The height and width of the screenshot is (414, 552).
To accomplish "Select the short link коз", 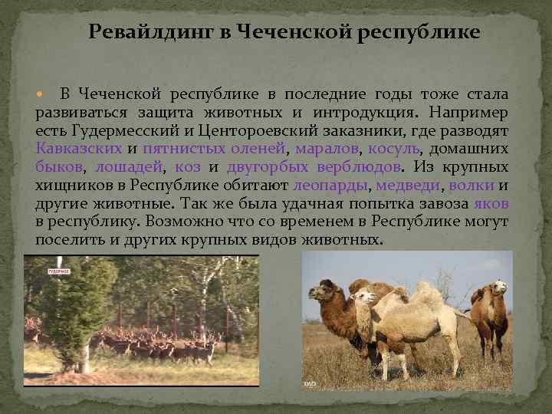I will click(x=188, y=167).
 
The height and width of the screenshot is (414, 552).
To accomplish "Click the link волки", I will click(x=471, y=186).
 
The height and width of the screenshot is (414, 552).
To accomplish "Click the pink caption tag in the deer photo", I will click(x=59, y=271).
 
